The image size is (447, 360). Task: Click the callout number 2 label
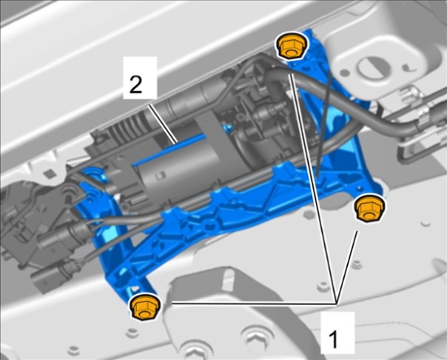(135, 84)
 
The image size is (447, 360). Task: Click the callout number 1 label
(333, 339)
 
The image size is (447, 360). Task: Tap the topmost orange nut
(291, 46)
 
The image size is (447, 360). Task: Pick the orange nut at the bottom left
(144, 307)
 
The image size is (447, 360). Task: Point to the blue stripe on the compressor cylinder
(170, 150)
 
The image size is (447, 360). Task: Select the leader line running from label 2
(163, 124)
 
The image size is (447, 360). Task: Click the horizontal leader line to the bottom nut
(254, 304)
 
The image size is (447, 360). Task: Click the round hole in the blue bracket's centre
(210, 227)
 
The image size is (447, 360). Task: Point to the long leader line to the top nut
(314, 189)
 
